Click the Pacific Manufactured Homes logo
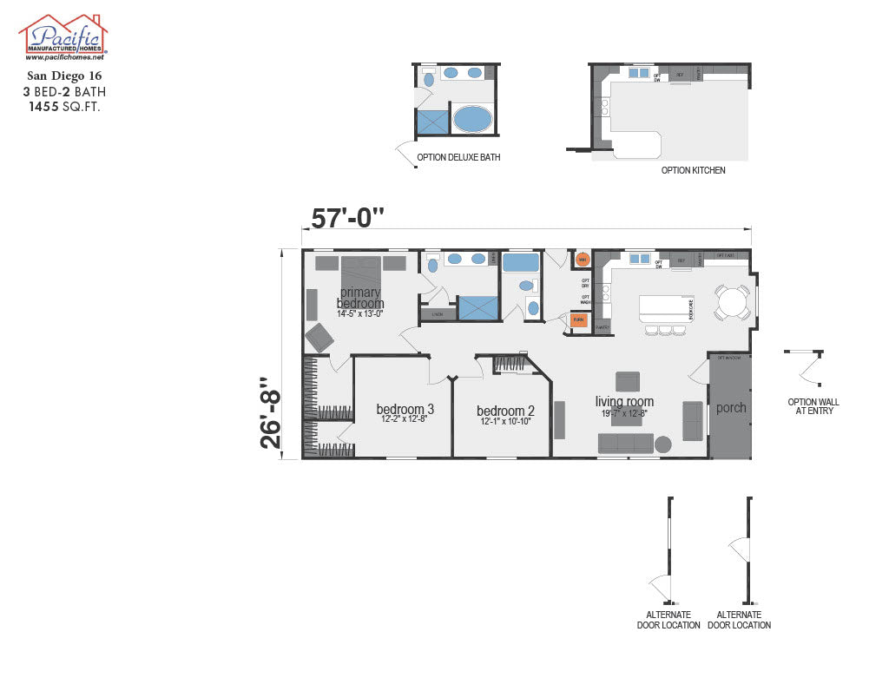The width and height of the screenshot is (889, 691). click(x=63, y=37)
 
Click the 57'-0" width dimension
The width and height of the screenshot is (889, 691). click(x=347, y=218)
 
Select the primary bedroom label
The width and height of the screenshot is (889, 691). click(x=360, y=298)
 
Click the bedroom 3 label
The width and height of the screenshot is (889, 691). click(x=405, y=410)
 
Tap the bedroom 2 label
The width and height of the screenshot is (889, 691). click(x=505, y=411)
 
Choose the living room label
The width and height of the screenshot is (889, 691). click(x=624, y=401)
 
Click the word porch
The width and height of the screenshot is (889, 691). click(x=731, y=407)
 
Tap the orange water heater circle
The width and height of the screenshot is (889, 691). click(x=583, y=259)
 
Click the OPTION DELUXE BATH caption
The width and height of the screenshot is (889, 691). click(x=458, y=158)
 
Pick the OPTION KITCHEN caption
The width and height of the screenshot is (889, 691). click(x=693, y=170)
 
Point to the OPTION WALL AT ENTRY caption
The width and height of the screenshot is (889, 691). click(x=813, y=406)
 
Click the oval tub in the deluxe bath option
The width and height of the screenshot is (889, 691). click(x=473, y=119)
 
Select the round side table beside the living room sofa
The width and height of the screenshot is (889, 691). click(x=663, y=444)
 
